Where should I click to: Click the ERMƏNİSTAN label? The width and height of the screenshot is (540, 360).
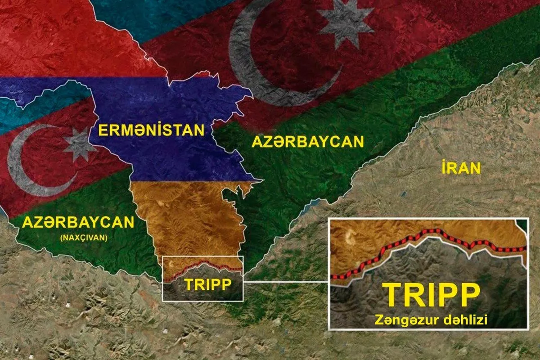pos(152,131)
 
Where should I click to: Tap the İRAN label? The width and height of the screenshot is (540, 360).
pos(461,168)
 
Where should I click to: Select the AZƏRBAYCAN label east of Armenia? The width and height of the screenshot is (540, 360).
pos(307,142)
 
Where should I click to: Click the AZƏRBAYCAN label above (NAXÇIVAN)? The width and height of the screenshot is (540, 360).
pos(78,222)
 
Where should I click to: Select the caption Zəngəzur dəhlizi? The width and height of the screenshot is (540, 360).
pos(432,320)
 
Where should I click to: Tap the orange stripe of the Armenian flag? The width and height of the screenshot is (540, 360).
pos(189,216)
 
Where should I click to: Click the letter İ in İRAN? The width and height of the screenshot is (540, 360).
pos(444,168)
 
